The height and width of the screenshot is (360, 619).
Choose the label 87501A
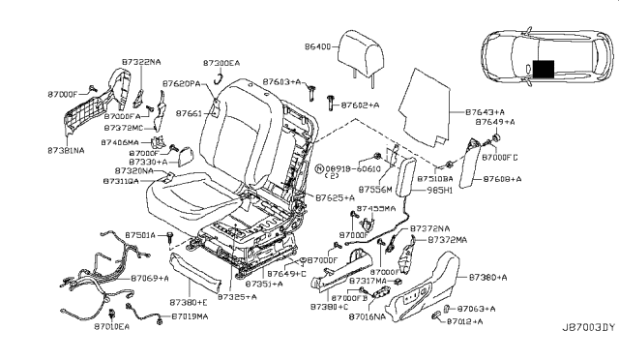(141, 235)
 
